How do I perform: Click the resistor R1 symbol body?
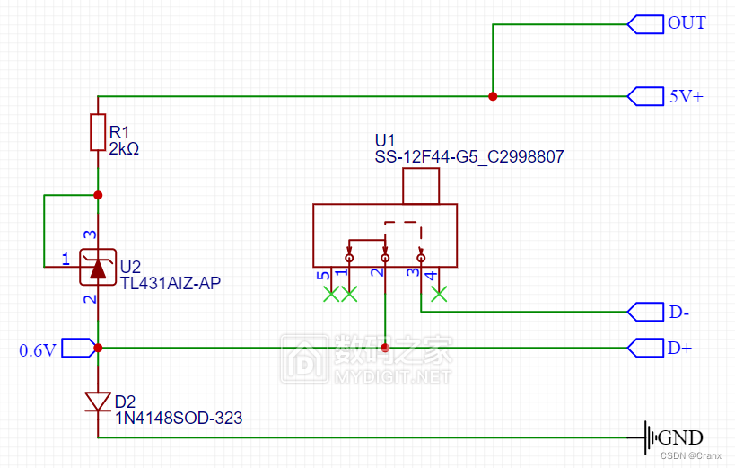click(x=98, y=132)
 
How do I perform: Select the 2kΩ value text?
click(x=124, y=148)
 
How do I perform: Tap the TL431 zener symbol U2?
click(x=98, y=266)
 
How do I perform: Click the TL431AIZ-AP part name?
click(x=171, y=283)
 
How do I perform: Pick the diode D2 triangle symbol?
click(x=98, y=401)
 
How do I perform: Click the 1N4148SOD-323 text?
click(x=179, y=418)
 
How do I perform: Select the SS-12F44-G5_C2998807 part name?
click(x=469, y=157)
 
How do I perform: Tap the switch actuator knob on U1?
click(x=421, y=187)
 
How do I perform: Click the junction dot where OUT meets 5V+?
click(x=493, y=96)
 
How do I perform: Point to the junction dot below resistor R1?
click(x=98, y=195)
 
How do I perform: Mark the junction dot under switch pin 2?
click(x=385, y=347)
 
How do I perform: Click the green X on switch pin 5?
click(x=331, y=293)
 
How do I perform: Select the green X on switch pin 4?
click(x=438, y=293)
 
